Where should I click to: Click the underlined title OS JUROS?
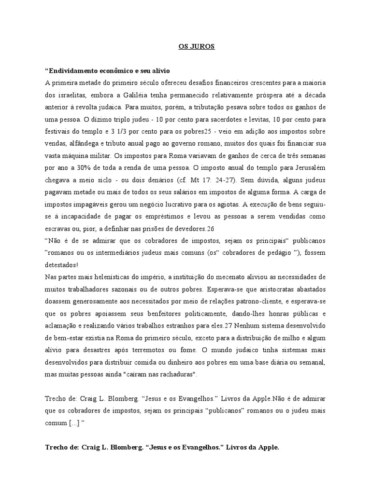coord(194,47)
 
